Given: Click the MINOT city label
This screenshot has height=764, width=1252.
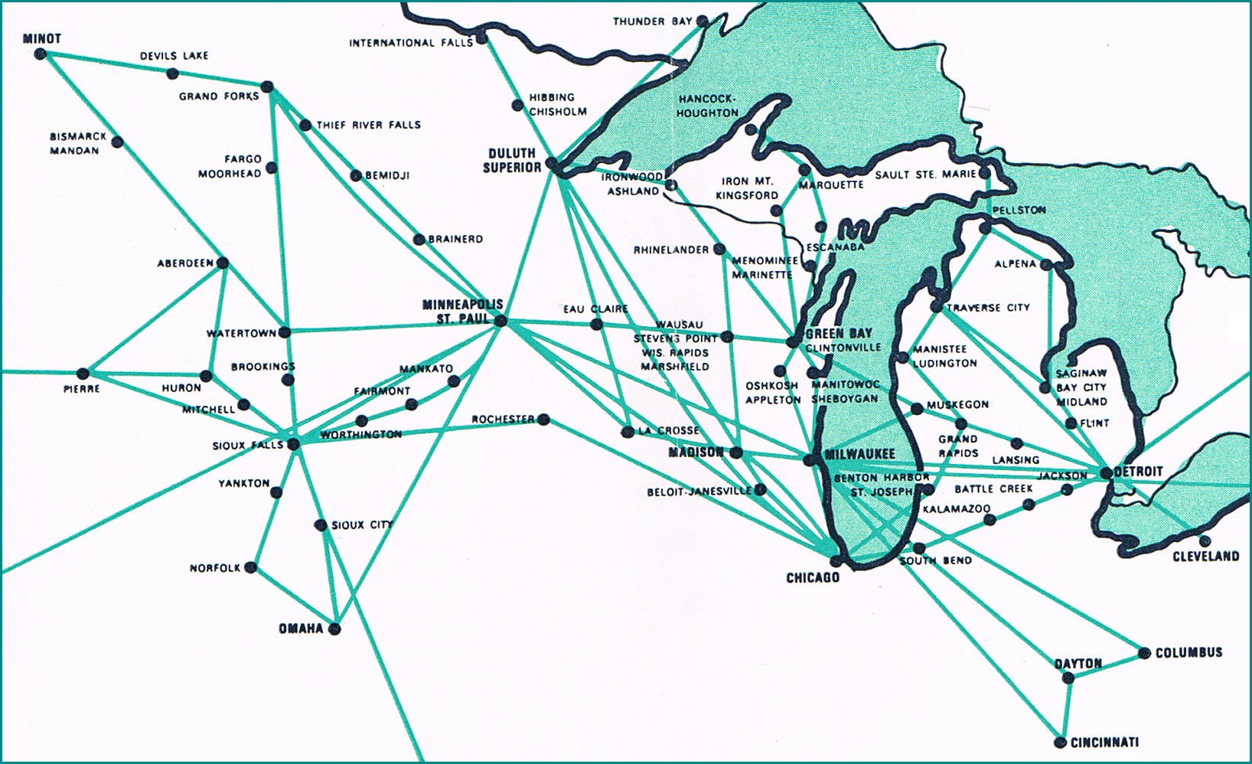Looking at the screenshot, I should [42, 38].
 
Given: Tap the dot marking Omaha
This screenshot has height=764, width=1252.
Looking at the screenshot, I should [334, 629].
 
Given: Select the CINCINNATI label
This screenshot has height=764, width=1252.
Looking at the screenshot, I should [1104, 742].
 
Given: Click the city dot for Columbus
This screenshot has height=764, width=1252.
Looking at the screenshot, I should [1144, 653].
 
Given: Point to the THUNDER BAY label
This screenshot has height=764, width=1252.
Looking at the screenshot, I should [652, 21].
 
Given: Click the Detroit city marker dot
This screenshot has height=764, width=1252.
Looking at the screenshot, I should [1105, 473].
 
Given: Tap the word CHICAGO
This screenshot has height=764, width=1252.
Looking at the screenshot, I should [813, 577].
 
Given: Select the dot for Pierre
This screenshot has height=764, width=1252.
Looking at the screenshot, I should [83, 374].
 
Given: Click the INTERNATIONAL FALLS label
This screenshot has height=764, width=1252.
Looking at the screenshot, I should [411, 43].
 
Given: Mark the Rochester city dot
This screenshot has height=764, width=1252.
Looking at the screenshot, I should [543, 419].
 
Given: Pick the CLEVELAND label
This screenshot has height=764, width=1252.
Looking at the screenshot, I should [1205, 556].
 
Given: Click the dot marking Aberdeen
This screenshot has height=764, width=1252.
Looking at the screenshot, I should [223, 263].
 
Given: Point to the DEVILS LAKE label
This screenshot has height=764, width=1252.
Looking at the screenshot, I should [174, 56].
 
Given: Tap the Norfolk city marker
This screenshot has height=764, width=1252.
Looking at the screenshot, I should [251, 568].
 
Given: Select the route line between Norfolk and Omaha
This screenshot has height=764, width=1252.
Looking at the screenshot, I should [293, 599].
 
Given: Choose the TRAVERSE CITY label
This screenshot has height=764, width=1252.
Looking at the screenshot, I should [988, 308].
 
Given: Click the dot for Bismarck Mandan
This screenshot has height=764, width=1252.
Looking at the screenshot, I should [118, 142].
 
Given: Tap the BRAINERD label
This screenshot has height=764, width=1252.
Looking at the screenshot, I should [455, 239].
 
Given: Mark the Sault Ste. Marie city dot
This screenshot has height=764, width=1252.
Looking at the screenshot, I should [985, 174].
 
